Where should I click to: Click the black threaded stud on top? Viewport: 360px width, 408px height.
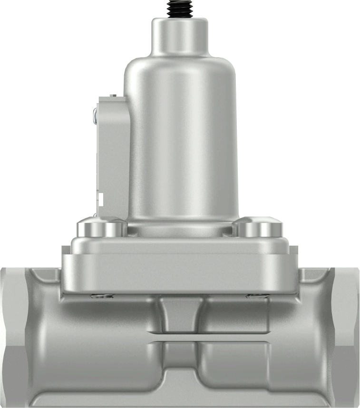click(180, 9)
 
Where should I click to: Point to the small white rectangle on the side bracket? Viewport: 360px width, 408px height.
click(101, 198)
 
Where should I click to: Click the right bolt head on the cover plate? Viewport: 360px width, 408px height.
click(259, 227)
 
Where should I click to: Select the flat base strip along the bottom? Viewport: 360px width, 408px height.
click(180, 399)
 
